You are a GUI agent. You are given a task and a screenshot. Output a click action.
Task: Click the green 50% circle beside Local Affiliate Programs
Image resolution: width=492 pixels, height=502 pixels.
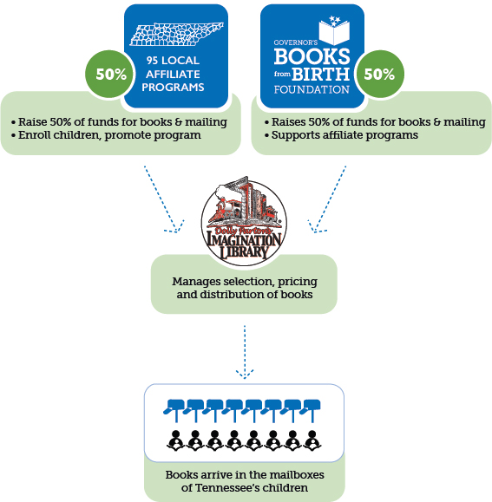click(111, 74)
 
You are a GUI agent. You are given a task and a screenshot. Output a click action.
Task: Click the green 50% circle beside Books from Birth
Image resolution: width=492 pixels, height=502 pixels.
click(379, 74)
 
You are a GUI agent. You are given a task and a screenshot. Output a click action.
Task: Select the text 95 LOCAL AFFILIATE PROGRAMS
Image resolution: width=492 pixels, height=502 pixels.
click(177, 75)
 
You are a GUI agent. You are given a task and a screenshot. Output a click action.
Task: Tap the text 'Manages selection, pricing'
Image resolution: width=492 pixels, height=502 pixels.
click(244, 282)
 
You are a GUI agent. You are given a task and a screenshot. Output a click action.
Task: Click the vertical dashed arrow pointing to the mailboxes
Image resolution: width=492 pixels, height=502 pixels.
click(245, 351)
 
